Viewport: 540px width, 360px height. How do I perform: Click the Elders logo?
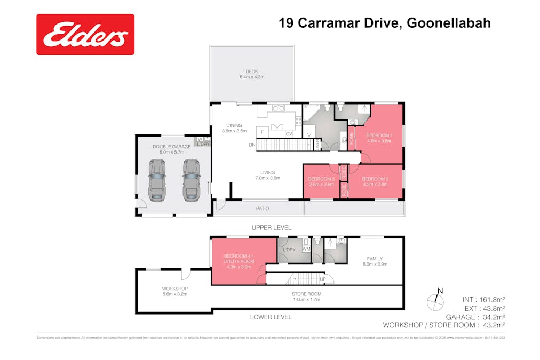[85, 35]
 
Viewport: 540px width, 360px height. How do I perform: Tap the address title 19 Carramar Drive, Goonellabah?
[384, 23]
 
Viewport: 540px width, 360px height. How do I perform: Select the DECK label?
[252, 71]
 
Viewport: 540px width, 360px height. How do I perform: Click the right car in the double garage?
[191, 179]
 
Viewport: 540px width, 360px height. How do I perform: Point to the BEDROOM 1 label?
[379, 136]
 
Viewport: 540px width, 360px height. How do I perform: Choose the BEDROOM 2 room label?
[375, 179]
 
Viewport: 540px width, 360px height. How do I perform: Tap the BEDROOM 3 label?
[321, 179]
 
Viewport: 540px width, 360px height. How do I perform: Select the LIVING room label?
[267, 172]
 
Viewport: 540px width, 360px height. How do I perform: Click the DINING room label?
[234, 125]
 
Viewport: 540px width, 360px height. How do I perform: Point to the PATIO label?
[262, 208]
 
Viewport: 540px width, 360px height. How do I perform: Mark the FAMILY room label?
[375, 259]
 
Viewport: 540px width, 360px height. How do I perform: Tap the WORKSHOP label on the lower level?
[175, 289]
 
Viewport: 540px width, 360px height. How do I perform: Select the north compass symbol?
[436, 301]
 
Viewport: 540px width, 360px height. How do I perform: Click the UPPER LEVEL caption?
[272, 227]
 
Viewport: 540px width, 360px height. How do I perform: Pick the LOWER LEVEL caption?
[271, 317]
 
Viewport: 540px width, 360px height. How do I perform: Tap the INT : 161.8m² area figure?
[483, 299]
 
